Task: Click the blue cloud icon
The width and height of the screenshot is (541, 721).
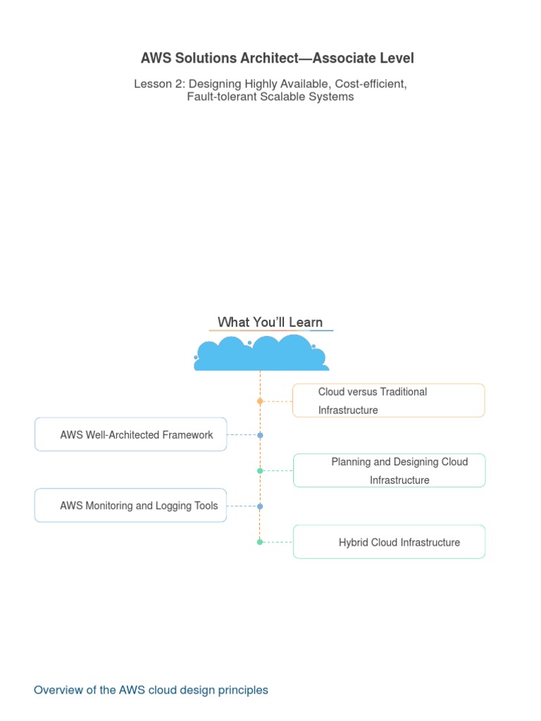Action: (261, 353)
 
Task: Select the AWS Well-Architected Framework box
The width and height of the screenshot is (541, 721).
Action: (130, 434)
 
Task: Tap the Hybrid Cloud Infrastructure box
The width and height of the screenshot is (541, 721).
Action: (389, 541)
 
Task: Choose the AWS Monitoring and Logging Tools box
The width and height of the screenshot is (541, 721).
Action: (130, 506)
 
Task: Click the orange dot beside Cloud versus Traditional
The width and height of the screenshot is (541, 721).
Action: (260, 401)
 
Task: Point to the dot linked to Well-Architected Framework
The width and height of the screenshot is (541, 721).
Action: (261, 435)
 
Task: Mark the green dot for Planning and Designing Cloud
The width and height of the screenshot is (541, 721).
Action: (260, 471)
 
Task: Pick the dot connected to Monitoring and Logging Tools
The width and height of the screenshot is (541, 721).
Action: (260, 506)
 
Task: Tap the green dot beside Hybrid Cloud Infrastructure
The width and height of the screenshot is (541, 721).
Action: (260, 542)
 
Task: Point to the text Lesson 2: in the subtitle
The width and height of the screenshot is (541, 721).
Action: (160, 84)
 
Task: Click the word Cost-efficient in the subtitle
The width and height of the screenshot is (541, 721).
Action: (371, 84)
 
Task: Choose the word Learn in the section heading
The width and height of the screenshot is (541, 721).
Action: (306, 322)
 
